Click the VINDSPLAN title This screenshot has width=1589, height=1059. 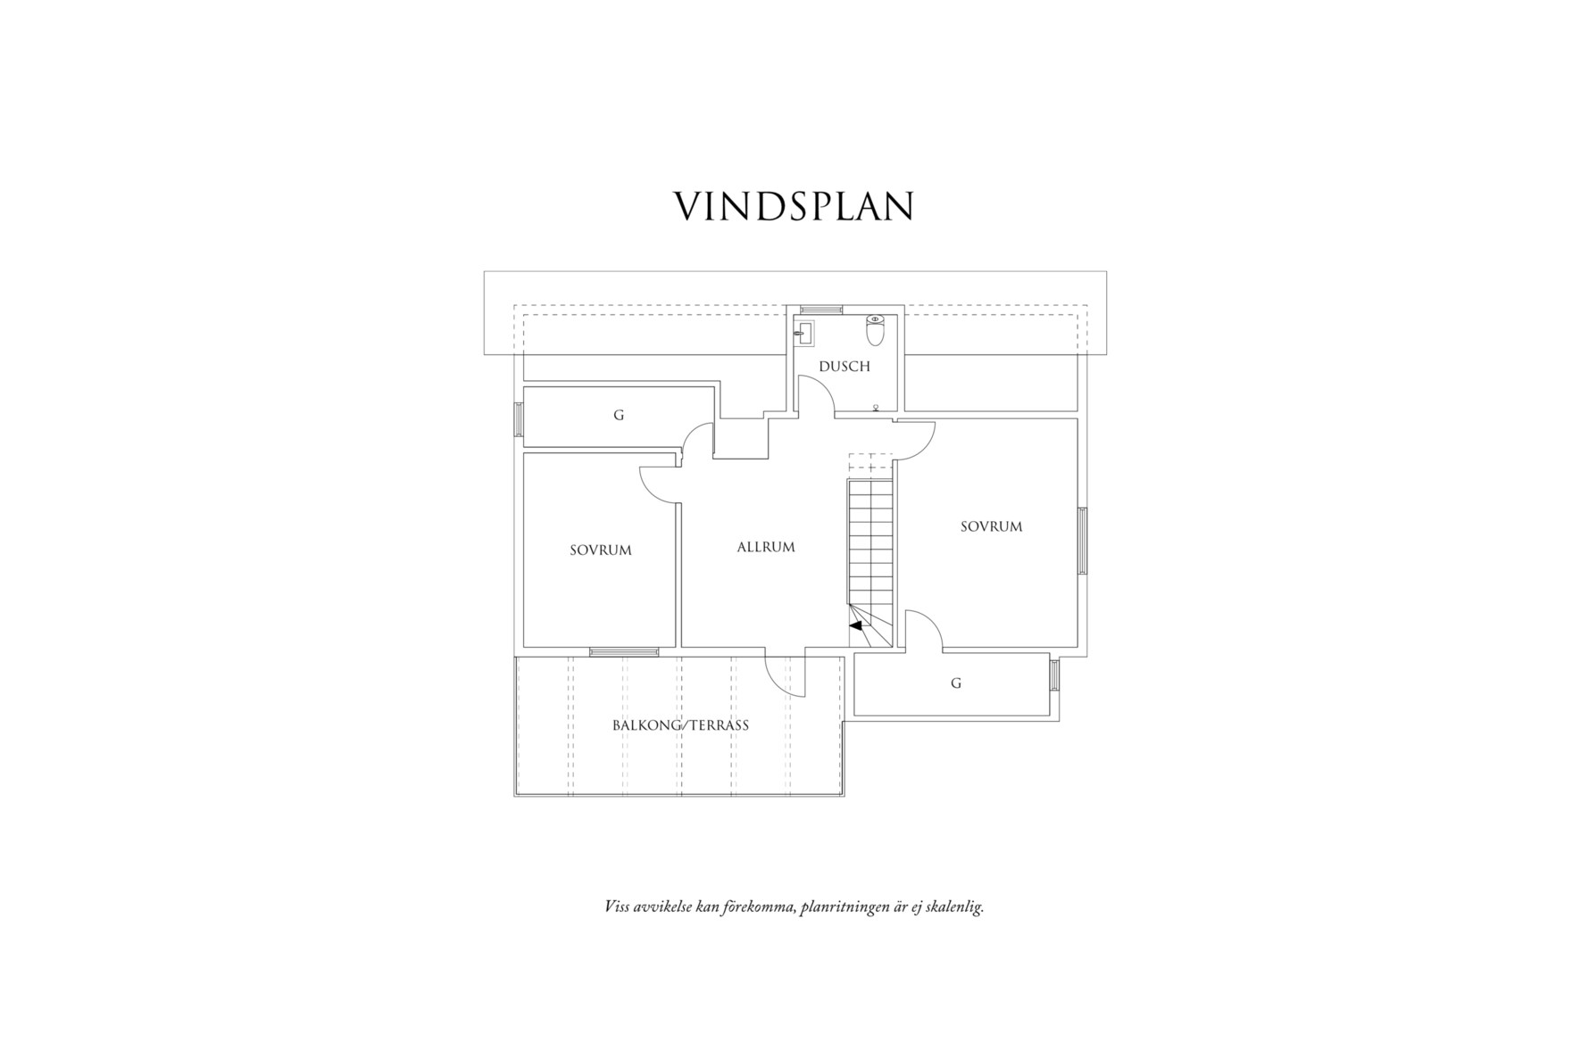(x=794, y=206)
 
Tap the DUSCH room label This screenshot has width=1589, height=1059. (x=844, y=367)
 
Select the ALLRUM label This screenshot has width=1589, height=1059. (x=765, y=547)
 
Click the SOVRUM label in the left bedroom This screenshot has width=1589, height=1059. (x=600, y=550)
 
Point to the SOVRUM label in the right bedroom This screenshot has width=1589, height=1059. (x=991, y=526)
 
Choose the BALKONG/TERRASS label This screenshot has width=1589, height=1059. (x=680, y=725)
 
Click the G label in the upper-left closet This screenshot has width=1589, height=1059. (x=618, y=416)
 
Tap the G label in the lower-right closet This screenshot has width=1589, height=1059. (x=956, y=683)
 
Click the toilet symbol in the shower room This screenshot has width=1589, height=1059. (x=875, y=330)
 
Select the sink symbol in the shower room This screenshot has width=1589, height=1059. (x=804, y=334)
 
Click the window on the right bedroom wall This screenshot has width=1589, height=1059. (x=1083, y=541)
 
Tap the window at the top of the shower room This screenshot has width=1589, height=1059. (x=820, y=309)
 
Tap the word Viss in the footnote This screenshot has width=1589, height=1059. (x=617, y=908)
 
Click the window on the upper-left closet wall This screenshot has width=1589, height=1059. (x=518, y=419)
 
